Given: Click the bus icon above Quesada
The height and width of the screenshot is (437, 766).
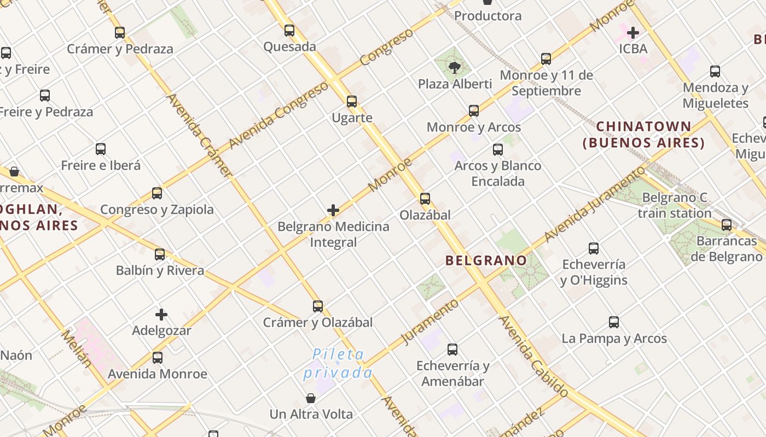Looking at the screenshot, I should pyautogui.click(x=289, y=31).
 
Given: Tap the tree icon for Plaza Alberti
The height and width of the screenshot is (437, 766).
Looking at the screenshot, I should pyautogui.click(x=454, y=68).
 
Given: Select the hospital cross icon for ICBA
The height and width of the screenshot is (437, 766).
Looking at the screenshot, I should pyautogui.click(x=633, y=33).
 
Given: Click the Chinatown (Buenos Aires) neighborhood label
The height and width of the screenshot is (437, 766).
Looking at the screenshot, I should pyautogui.click(x=643, y=135).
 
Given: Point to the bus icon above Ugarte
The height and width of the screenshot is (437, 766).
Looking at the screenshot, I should pyautogui.click(x=352, y=102).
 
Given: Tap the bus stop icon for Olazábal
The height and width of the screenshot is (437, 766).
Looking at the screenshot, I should pyautogui.click(x=425, y=199).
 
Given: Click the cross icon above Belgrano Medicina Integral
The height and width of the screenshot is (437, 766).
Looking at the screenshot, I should pyautogui.click(x=333, y=210).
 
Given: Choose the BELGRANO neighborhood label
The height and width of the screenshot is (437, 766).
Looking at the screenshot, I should pyautogui.click(x=486, y=260).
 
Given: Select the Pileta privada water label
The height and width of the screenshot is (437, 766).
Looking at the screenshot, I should pyautogui.click(x=338, y=364).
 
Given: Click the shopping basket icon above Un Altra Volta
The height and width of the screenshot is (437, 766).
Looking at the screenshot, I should pyautogui.click(x=311, y=398).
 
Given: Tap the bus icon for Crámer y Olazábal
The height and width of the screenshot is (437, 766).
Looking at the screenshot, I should pyautogui.click(x=318, y=306).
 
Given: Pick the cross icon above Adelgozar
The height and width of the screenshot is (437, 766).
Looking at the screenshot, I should pyautogui.click(x=161, y=315).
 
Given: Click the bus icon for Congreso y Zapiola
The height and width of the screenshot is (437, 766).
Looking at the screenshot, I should pyautogui.click(x=157, y=193).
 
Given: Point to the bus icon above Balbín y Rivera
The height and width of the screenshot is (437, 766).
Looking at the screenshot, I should pyautogui.click(x=160, y=255).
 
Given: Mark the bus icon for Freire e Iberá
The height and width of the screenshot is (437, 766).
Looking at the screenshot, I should pyautogui.click(x=101, y=149).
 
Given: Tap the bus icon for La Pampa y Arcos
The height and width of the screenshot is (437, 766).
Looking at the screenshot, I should pyautogui.click(x=614, y=323).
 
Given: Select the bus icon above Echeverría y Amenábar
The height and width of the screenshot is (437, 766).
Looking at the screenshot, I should pyautogui.click(x=452, y=350).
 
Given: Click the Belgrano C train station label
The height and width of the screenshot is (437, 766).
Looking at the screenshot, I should pyautogui.click(x=674, y=205).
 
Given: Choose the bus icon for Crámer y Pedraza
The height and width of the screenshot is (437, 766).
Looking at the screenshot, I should pyautogui.click(x=120, y=33).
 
